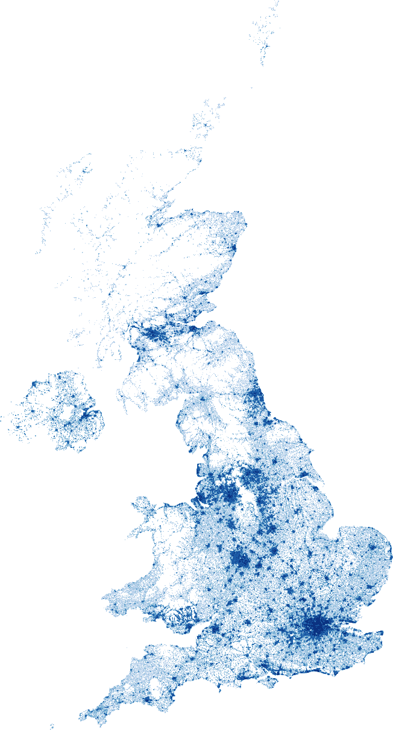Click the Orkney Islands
pyautogui.click(x=203, y=124)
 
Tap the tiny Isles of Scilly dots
pyautogui.click(x=52, y=726)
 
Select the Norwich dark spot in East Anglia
pyautogui.click(x=373, y=547)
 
